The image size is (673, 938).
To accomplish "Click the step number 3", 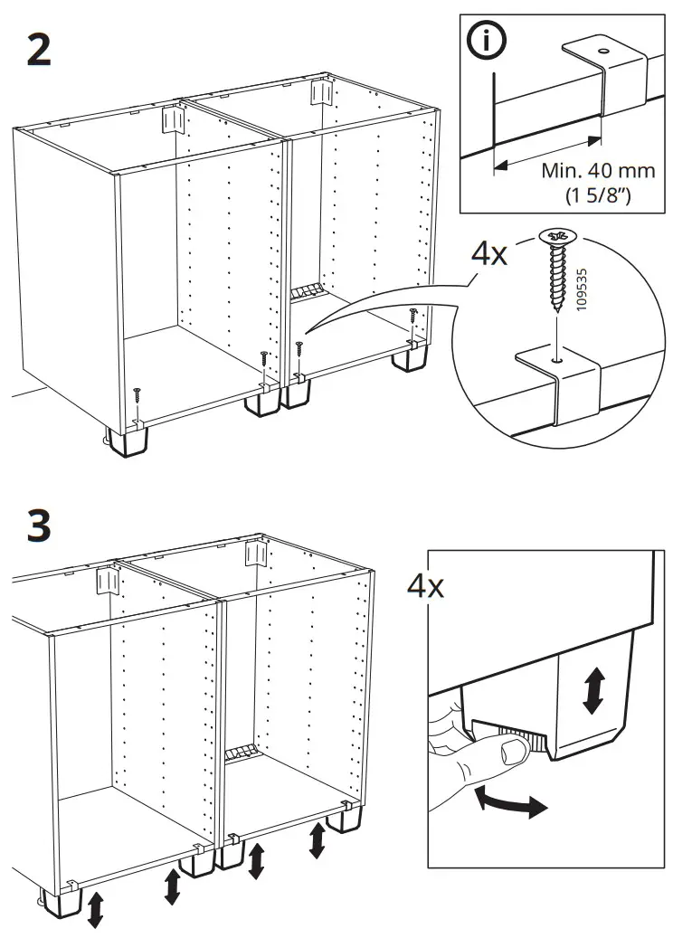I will tap(38, 526).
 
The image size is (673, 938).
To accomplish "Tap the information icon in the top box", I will tap(488, 43).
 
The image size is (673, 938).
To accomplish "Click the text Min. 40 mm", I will tap(598, 171).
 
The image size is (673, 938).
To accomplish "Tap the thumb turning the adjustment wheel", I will tap(512, 750).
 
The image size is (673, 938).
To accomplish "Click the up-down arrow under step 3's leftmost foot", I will tap(94, 908).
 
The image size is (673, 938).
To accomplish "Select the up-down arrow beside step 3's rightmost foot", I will tap(318, 841).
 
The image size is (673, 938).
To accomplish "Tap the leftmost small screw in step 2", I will tap(137, 396).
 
